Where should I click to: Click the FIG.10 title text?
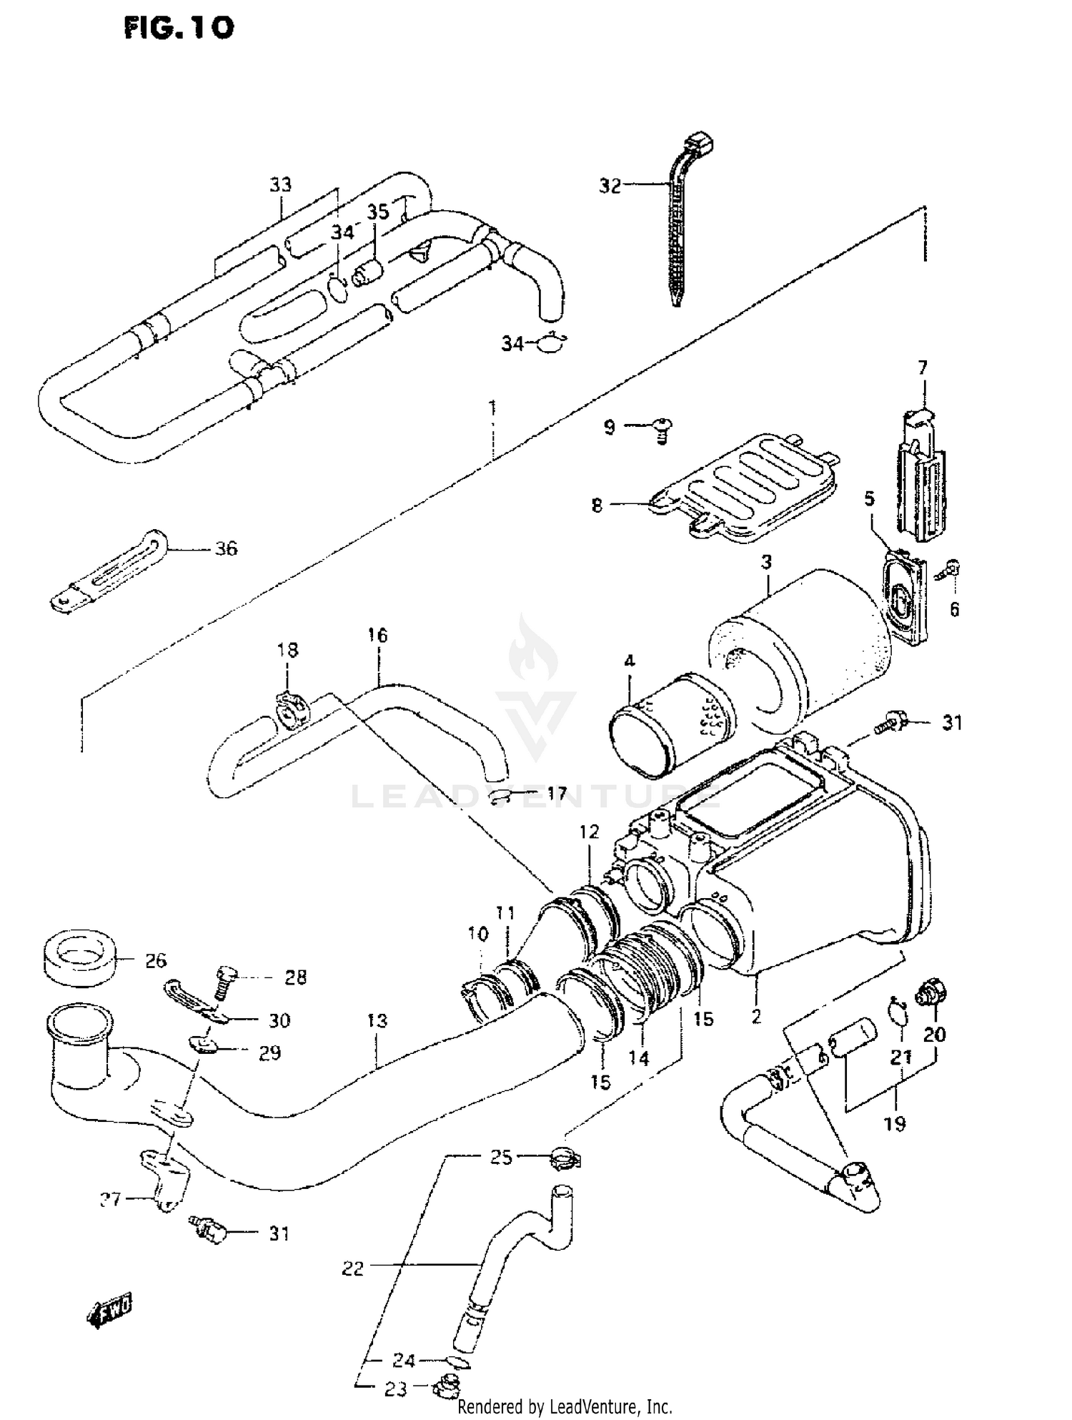tap(179, 28)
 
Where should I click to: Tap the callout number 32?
tap(610, 186)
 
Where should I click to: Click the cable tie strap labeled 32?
tap(675, 236)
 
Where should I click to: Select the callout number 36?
tap(226, 549)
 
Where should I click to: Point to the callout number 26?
tap(155, 960)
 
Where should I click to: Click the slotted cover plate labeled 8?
tap(743, 486)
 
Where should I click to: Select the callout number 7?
tap(923, 368)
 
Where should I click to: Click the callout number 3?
tap(766, 562)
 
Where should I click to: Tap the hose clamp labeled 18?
tap(292, 709)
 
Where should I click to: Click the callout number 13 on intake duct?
tap(377, 1020)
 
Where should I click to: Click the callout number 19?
tap(895, 1123)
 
